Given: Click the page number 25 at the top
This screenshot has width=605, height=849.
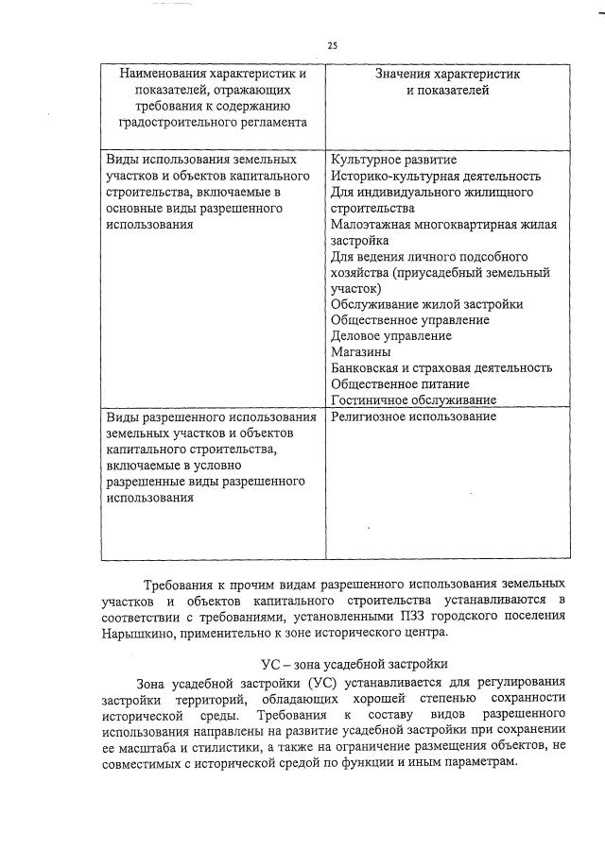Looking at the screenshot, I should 332,45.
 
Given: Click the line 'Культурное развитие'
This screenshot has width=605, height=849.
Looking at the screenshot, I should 381,158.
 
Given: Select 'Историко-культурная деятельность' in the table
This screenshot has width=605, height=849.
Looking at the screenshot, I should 436,175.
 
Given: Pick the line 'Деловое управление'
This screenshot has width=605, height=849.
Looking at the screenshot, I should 391,335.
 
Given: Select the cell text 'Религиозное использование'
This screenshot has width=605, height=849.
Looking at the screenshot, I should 413,416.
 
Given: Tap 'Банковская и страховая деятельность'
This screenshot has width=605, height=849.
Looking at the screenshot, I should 441,367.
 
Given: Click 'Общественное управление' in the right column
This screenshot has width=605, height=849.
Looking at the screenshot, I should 409,319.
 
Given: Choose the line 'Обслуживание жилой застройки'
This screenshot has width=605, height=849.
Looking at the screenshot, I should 426,303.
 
